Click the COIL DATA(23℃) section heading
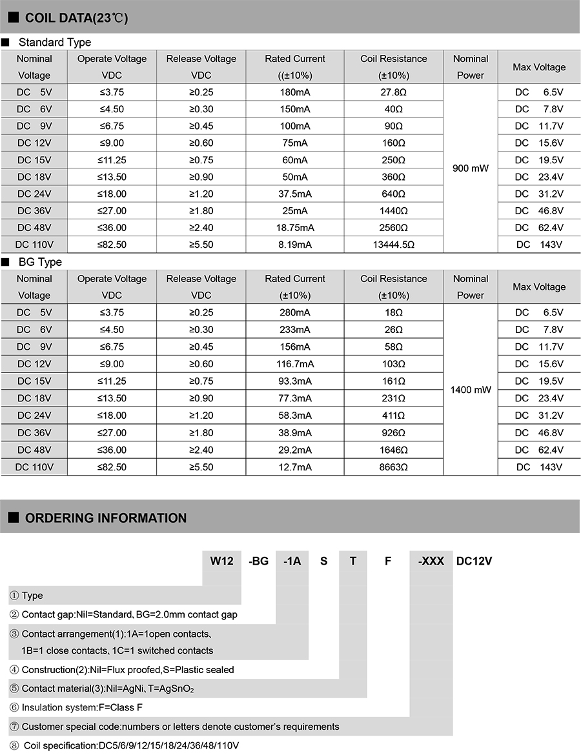[76, 17]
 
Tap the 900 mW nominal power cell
[471, 168]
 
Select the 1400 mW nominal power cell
[471, 390]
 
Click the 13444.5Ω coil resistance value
[394, 245]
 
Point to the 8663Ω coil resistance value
[394, 467]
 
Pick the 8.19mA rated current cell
[296, 245]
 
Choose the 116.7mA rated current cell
[296, 364]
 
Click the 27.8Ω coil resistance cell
[394, 92]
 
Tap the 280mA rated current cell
[296, 312]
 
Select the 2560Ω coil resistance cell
[394, 228]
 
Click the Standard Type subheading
[55, 43]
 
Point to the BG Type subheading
[40, 262]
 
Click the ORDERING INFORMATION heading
[106, 518]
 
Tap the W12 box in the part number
[221, 561]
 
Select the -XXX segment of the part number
[431, 561]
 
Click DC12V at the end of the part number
[474, 561]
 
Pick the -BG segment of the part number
[258, 561]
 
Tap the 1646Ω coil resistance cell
[394, 450]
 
